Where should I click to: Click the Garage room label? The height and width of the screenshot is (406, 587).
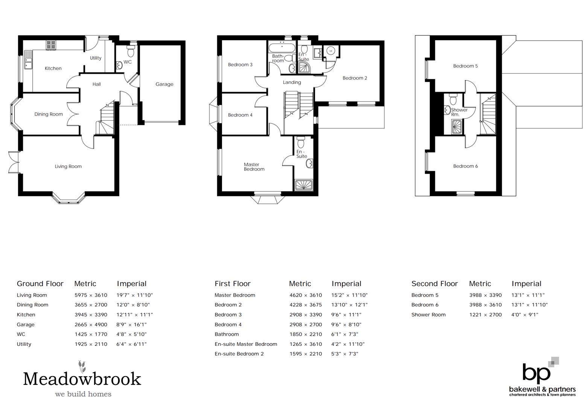click(164, 84)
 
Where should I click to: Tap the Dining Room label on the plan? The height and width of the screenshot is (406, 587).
click(49, 114)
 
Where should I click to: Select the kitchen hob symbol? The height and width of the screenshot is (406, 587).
click(51, 45)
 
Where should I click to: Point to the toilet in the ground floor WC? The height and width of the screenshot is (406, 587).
click(131, 51)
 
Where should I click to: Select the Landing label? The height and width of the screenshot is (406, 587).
click(292, 82)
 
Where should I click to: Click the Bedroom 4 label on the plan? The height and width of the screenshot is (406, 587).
click(240, 115)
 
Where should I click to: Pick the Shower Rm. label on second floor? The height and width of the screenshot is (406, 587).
click(459, 112)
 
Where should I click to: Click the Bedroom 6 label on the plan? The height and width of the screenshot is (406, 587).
click(465, 166)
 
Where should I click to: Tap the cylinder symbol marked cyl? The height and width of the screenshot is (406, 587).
click(331, 50)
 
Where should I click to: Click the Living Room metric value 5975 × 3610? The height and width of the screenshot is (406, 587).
click(91, 295)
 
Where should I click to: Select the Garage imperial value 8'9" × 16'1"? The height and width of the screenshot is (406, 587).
click(131, 324)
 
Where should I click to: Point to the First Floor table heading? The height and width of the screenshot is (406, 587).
click(233, 284)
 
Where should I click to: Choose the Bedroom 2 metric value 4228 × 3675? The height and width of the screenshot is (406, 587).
click(306, 305)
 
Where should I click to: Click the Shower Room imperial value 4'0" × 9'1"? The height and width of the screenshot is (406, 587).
click(525, 315)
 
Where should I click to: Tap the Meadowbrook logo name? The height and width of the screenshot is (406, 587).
click(82, 379)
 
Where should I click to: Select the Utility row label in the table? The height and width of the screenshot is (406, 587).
click(24, 344)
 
